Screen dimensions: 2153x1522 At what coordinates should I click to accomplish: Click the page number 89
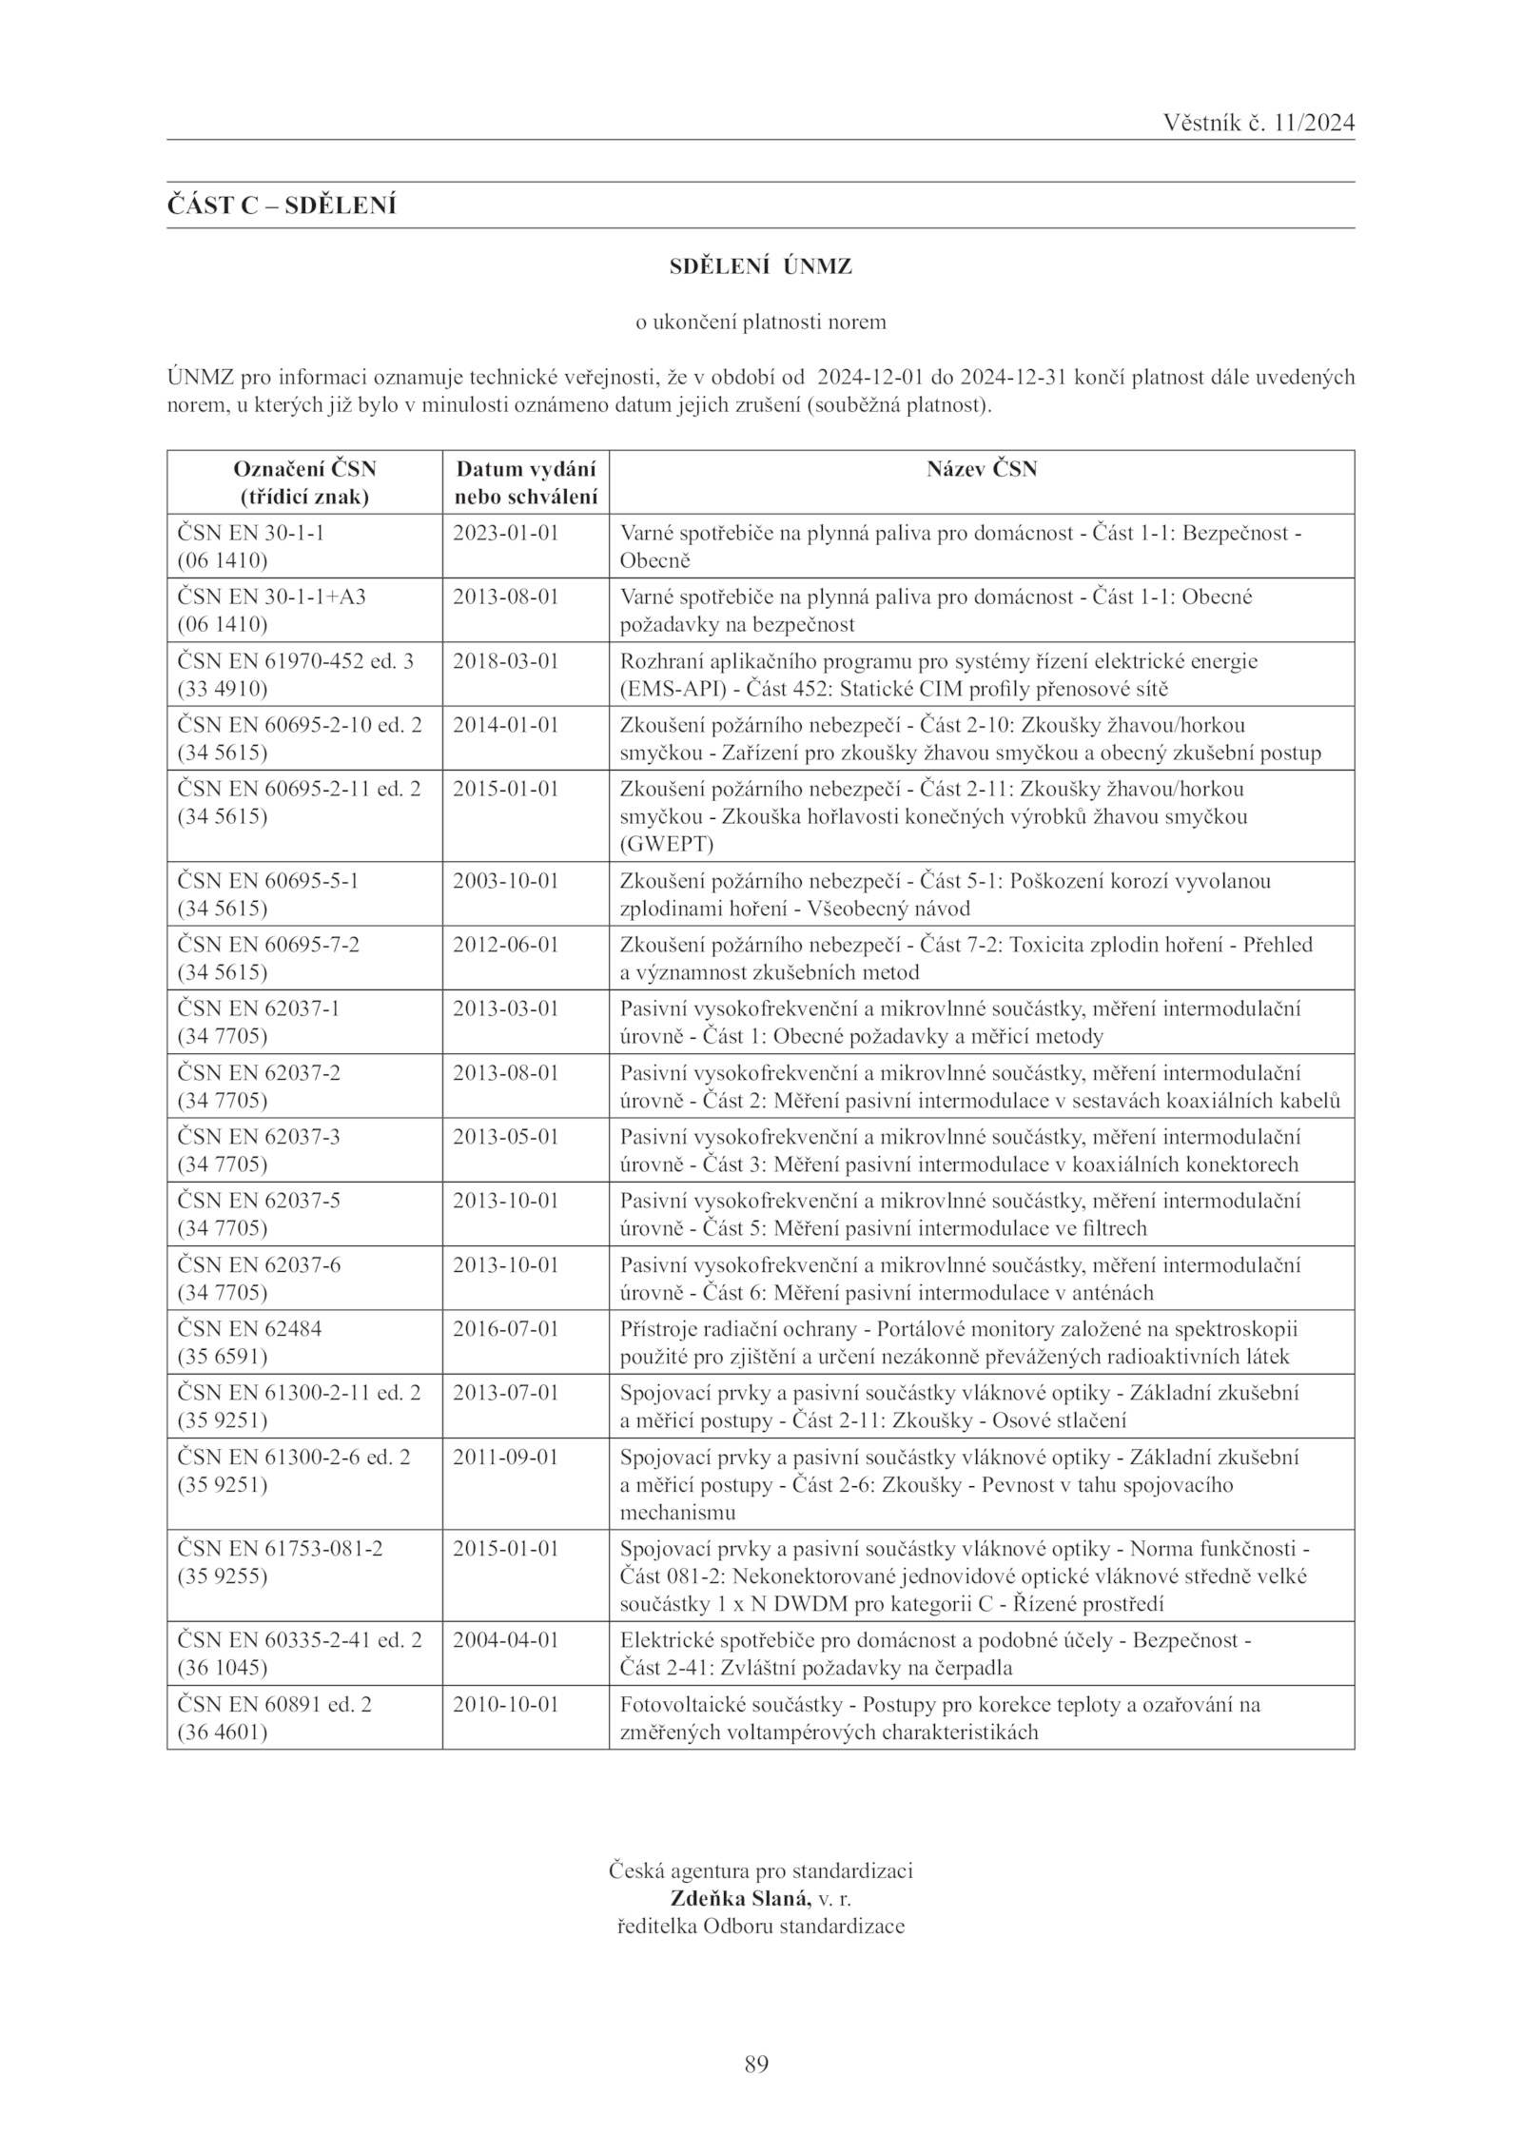pyautogui.click(x=756, y=2064)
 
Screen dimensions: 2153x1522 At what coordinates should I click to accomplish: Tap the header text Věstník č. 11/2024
pyautogui.click(x=1258, y=124)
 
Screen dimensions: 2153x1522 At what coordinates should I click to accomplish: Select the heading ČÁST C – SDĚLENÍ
pyautogui.click(x=282, y=206)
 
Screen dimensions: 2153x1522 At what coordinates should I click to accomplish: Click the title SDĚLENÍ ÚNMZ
pyautogui.click(x=760, y=267)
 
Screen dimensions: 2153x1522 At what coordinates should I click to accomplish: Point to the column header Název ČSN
pyautogui.click(x=982, y=469)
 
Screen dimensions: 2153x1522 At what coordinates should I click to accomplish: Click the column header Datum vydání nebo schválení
pyautogui.click(x=526, y=482)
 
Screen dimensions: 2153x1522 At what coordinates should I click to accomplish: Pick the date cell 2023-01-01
pyautogui.click(x=505, y=533)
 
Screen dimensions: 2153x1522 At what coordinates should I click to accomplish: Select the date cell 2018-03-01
pyautogui.click(x=505, y=661)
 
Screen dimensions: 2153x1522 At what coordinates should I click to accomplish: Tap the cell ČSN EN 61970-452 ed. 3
pyautogui.click(x=296, y=661)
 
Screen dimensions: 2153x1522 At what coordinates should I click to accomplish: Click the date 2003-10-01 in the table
pyautogui.click(x=505, y=881)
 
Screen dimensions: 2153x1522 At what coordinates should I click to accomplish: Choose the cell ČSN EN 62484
pyautogui.click(x=249, y=1329)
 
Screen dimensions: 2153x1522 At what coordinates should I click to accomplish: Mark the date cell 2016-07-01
pyautogui.click(x=505, y=1329)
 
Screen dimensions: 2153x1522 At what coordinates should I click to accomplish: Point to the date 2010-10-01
pyautogui.click(x=505, y=1704)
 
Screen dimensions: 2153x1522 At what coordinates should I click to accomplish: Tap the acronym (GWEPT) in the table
pyautogui.click(x=666, y=844)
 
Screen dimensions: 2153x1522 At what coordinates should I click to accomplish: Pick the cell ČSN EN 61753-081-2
pyautogui.click(x=281, y=1549)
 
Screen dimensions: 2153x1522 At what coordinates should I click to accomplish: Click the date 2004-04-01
pyautogui.click(x=505, y=1640)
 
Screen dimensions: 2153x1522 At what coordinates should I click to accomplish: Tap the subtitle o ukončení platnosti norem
pyautogui.click(x=760, y=323)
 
